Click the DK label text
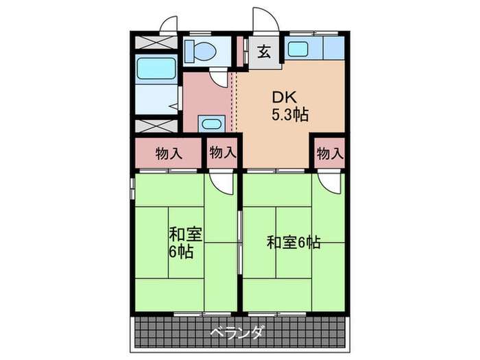tap(285, 97)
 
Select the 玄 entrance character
tap(264, 51)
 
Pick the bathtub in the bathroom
tap(153, 70)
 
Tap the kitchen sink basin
tap(297, 49)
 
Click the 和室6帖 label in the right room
tap(293, 242)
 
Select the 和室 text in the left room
tap(185, 233)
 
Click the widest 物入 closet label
tap(169, 154)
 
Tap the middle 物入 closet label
tap(222, 154)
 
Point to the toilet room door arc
tap(219, 77)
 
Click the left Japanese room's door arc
tap(221, 182)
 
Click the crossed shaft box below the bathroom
tap(154, 127)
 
